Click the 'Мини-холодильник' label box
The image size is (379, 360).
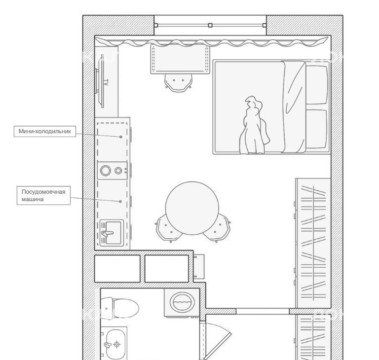(x=45, y=132)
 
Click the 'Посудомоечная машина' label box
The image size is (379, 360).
(x=43, y=195)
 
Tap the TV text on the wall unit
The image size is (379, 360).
(x=106, y=82)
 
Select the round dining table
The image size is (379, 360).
(x=192, y=208)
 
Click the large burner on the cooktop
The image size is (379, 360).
(x=106, y=171)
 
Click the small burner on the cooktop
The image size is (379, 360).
(x=118, y=171)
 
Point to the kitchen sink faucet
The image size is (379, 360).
(x=107, y=233)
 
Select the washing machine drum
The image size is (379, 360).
(x=182, y=302)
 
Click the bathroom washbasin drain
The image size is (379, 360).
(x=117, y=344)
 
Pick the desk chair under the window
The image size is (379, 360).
(x=178, y=83)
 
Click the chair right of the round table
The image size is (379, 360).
(x=217, y=228)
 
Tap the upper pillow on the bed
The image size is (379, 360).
(x=317, y=84)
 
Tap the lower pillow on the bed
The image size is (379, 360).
(x=317, y=129)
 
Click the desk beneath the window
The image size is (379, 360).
(x=180, y=59)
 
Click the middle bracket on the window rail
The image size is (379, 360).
(x=210, y=25)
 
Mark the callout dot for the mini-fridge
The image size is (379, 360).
(x=121, y=137)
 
